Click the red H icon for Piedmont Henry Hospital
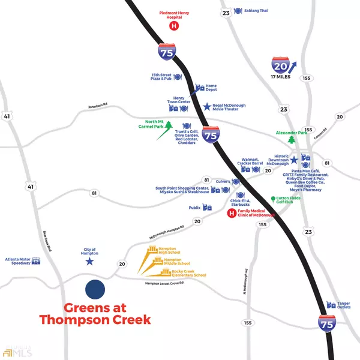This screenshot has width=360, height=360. (x=174, y=26)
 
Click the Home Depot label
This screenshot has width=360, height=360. (x=211, y=88)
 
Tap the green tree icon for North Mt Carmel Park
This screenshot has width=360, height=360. (x=169, y=126)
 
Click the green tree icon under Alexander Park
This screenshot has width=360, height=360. (x=292, y=140)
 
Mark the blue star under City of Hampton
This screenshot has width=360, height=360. (x=90, y=262)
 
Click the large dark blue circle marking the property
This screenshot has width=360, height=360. (x=95, y=289)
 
